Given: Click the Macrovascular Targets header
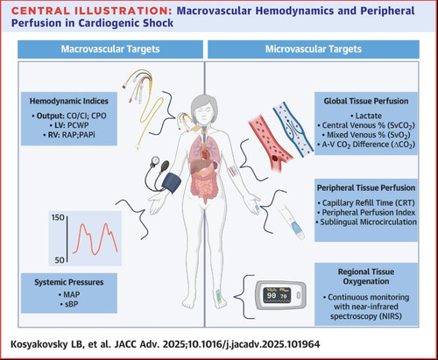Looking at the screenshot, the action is pos(110,49).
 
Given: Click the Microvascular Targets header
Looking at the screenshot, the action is pos(314,49).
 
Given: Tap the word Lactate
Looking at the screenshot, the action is pos(368,116).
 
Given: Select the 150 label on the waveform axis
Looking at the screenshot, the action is pos(58,217).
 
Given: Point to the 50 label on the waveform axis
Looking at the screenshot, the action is pos(60,260).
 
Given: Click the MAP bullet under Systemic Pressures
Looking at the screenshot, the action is pos(69,294).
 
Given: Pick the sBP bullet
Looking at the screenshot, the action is pos(69,304).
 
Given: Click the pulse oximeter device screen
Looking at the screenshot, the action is pos(277,295).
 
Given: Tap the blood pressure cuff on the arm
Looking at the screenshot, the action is pos(172,182).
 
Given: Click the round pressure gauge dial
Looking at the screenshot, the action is pos(155,160).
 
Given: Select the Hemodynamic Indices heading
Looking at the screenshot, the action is pos(69,101).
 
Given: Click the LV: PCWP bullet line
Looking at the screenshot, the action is pos(69,125).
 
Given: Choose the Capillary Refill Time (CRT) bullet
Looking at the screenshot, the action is pos(366,202).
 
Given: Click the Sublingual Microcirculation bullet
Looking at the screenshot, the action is pos(366,222).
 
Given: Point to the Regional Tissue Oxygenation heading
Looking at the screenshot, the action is pos(366,277).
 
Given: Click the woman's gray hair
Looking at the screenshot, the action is pos(204,103).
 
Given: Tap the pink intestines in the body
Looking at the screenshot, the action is pos(204,187).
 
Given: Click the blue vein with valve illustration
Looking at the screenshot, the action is pos(293,129).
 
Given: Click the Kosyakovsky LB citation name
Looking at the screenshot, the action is pos(43,344).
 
